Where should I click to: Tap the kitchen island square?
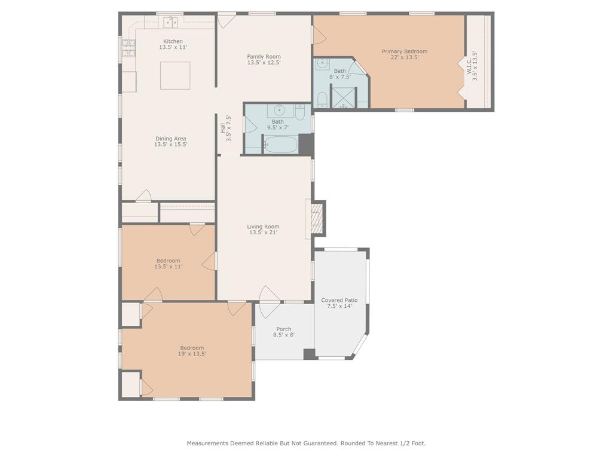click(x=175, y=75)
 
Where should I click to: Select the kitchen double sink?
click(x=171, y=23)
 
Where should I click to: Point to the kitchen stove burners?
click(x=128, y=48)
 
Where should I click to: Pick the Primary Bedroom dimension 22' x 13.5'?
click(x=405, y=58)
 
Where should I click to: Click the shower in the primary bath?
click(x=343, y=97)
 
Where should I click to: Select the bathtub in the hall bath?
click(x=280, y=145)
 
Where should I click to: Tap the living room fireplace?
click(x=317, y=219)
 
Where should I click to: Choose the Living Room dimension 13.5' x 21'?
click(x=264, y=232)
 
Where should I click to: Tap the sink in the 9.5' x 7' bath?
click(x=279, y=111)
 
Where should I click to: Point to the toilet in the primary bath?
click(x=322, y=99)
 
